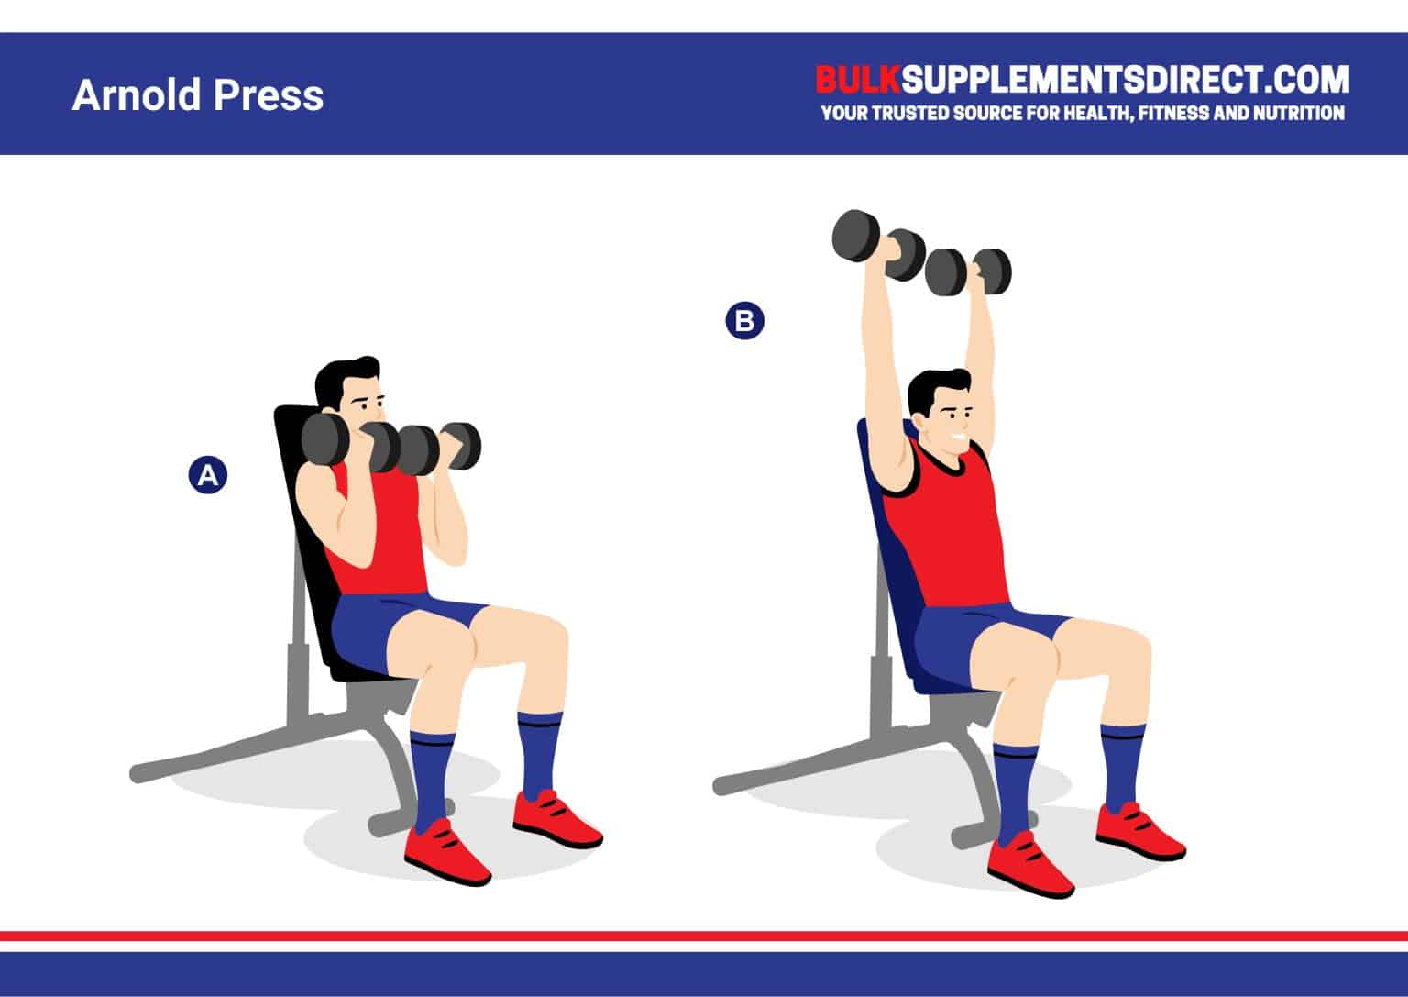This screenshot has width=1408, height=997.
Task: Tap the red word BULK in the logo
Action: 858,80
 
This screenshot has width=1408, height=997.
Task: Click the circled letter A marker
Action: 207,475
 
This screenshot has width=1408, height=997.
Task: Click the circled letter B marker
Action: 744,321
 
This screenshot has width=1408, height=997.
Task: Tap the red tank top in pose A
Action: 390,541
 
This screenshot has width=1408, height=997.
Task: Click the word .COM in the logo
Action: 1307,80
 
